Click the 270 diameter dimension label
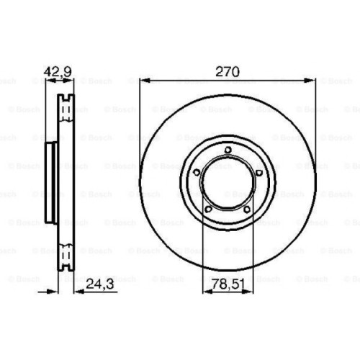228,71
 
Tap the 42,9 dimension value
58,71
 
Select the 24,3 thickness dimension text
99,284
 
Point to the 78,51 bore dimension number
228,284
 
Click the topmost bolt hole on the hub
228,150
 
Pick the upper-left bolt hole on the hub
197,172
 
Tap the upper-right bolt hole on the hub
259,173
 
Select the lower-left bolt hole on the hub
208,209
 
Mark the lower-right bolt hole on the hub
247,210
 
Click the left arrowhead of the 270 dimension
145,81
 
